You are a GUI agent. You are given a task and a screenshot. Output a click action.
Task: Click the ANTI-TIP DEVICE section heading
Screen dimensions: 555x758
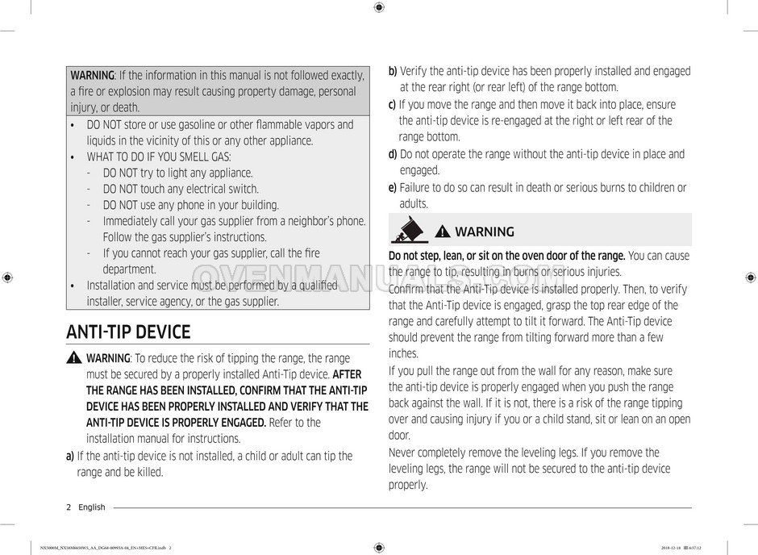[x=128, y=332]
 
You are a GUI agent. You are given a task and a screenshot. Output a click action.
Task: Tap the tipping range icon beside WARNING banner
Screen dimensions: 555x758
[x=410, y=232]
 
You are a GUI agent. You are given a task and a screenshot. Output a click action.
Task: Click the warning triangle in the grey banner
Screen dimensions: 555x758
[x=443, y=232]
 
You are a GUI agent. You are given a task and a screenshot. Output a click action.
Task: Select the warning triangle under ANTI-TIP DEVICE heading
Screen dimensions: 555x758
[x=74, y=358]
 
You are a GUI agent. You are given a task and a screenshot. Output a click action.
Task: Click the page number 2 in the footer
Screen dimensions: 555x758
[x=69, y=507]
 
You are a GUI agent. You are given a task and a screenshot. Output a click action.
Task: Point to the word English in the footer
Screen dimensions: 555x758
[x=92, y=507]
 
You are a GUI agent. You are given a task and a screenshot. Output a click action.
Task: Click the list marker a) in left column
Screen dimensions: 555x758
[x=70, y=456]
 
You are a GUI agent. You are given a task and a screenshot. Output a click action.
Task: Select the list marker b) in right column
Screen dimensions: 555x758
[x=393, y=71]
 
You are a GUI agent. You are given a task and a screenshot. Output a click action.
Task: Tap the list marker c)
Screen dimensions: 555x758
[x=392, y=104]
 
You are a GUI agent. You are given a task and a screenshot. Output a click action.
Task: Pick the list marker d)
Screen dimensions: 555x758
[x=393, y=154]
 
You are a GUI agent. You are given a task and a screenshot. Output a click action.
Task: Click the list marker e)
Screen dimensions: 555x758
[x=393, y=188]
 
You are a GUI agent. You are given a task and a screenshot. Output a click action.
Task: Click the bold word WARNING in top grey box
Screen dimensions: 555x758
[x=92, y=75]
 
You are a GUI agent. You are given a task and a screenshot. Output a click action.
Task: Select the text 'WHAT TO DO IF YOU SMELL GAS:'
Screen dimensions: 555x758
[x=159, y=156]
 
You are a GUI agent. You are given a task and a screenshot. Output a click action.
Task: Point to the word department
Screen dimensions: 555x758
[x=129, y=269]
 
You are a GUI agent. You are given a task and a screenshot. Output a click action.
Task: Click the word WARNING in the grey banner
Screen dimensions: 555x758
[x=485, y=232]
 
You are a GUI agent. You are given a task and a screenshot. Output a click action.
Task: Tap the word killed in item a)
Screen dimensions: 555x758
[x=148, y=472]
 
